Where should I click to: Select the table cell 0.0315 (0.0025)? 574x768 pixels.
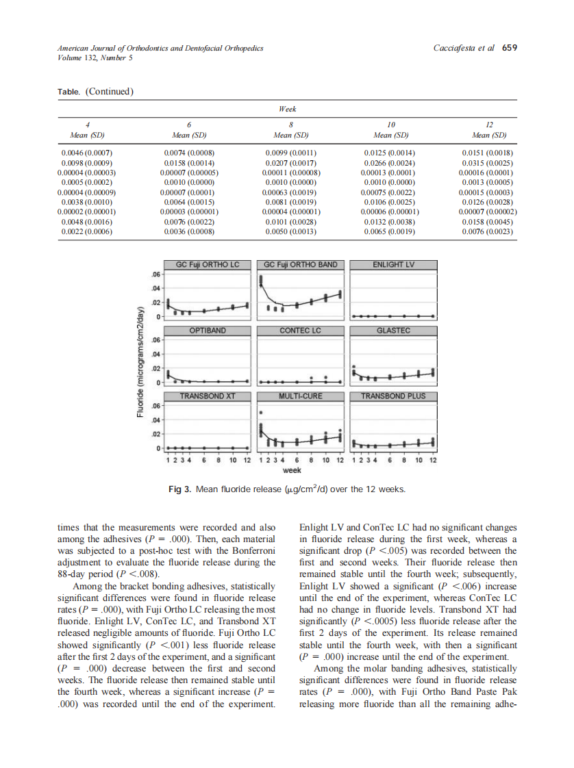(488, 163)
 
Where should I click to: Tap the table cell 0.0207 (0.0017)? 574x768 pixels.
(290, 163)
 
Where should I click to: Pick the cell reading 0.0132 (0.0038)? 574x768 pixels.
(390, 222)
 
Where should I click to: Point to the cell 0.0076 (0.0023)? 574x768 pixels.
(488, 232)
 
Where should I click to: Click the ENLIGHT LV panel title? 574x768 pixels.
(393, 265)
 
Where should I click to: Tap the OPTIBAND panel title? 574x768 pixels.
(207, 331)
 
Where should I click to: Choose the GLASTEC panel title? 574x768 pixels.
(393, 331)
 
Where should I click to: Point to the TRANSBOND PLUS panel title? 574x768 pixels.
(393, 396)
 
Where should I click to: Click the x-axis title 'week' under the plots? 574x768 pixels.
(292, 471)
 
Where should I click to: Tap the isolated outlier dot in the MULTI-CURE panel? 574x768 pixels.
(261, 413)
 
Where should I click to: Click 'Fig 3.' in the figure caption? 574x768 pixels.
(180, 489)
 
